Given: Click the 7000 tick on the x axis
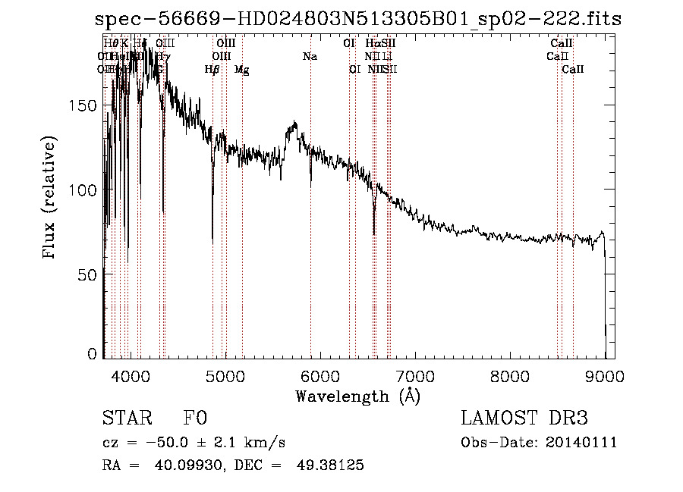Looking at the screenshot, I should [x=414, y=375].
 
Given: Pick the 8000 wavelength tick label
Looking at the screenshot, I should [x=509, y=375].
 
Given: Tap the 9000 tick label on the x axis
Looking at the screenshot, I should [x=604, y=375].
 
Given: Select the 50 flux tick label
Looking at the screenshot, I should [x=90, y=274].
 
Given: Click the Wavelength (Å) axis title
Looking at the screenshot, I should [x=357, y=396].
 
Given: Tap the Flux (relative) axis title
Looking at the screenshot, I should [x=51, y=199].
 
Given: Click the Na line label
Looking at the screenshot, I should [x=310, y=56].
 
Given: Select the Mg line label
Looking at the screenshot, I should [x=241, y=70].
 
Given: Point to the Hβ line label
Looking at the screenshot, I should [x=212, y=70].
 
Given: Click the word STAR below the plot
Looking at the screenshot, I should [x=126, y=418].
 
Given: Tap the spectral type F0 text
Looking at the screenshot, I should [x=195, y=418].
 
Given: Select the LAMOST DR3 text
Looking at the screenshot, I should [x=524, y=418].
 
